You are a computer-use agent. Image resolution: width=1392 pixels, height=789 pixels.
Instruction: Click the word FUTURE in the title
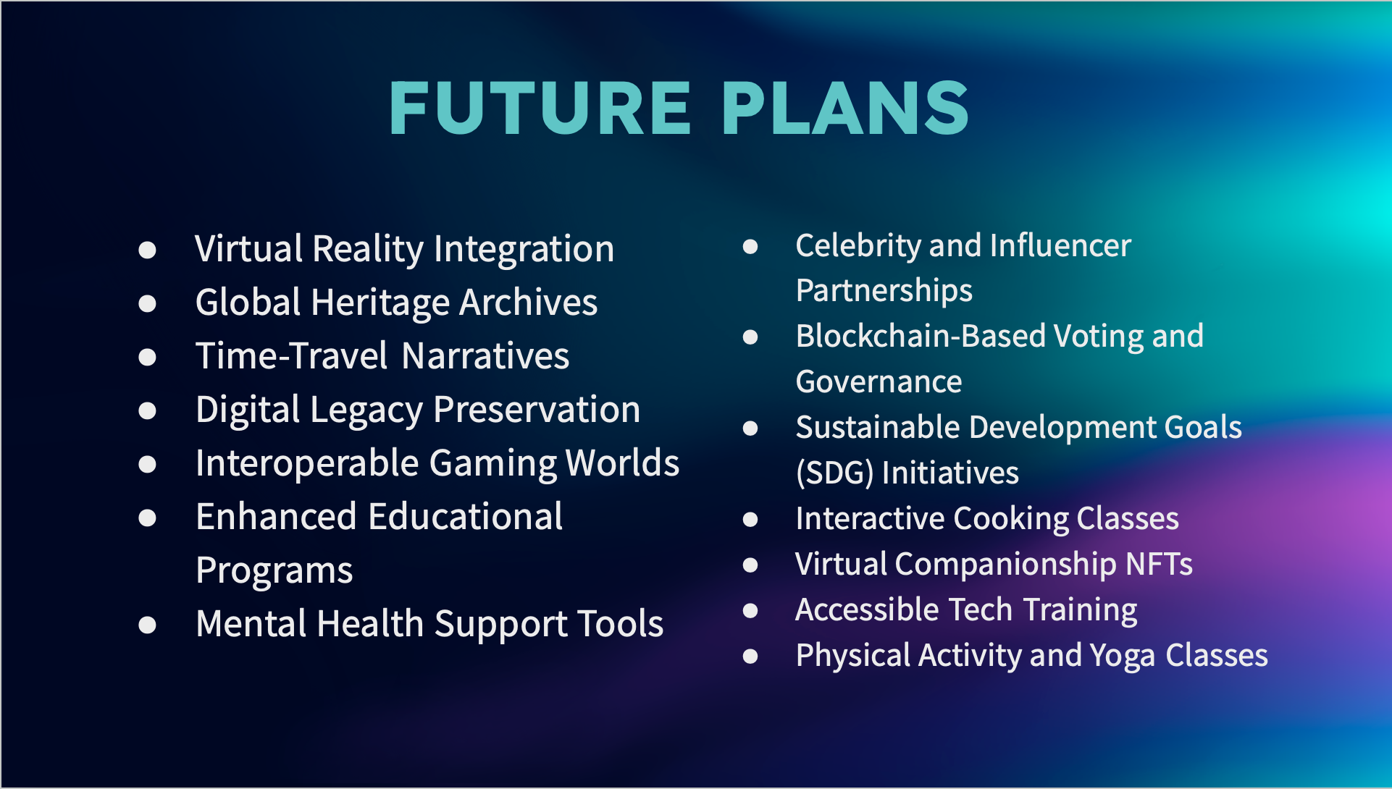pyautogui.click(x=540, y=108)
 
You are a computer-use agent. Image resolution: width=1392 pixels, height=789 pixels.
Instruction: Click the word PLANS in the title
pyautogui.click(x=845, y=108)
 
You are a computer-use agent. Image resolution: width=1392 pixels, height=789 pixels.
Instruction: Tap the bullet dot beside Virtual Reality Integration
pyautogui.click(x=148, y=250)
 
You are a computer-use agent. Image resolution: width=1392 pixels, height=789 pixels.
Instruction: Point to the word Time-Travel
pyautogui.click(x=293, y=356)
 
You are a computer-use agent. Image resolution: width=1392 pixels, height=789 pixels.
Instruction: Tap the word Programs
pyautogui.click(x=274, y=570)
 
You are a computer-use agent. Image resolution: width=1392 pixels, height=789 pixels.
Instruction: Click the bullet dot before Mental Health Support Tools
pyautogui.click(x=148, y=625)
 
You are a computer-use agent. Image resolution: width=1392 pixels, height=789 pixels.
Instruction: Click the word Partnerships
pyautogui.click(x=884, y=291)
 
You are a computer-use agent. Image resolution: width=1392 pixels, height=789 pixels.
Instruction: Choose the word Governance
pyautogui.click(x=879, y=381)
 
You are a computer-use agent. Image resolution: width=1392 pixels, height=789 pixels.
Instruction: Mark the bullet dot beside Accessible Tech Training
pyautogui.click(x=751, y=611)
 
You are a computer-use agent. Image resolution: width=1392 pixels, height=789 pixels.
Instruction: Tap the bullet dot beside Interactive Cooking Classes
pyautogui.click(x=751, y=520)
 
